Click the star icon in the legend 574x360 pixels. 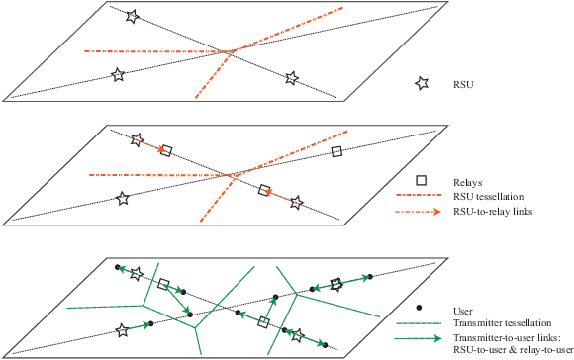pos(421,85)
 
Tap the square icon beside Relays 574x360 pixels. pos(421,181)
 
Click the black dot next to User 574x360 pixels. pos(421,310)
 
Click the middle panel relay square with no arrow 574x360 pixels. pos(337,151)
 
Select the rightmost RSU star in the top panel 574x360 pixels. pos(292,78)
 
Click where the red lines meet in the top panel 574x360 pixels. pos(232,50)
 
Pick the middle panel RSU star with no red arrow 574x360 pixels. pos(123,198)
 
